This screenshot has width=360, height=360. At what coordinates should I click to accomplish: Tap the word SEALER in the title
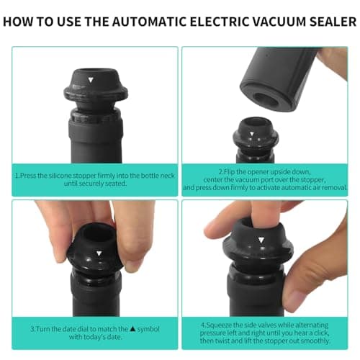pos(330,19)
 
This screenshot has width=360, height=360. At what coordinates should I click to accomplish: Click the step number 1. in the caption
pos(18,175)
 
